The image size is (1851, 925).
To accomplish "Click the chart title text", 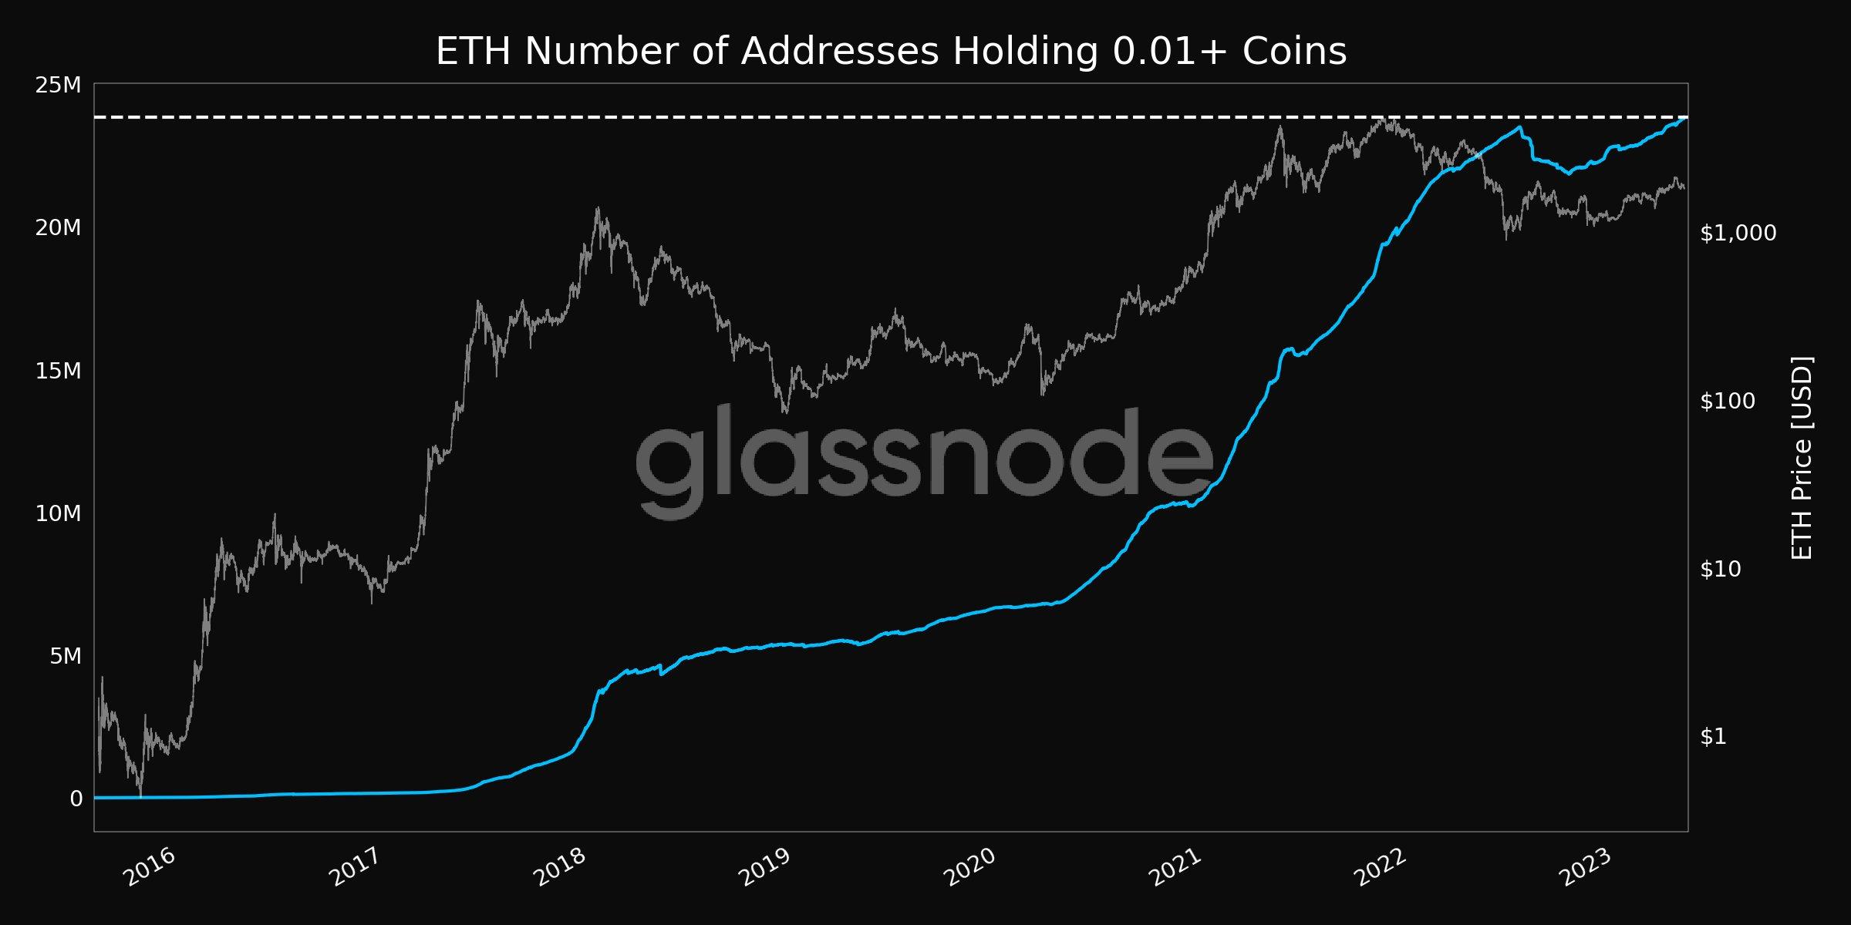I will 891,52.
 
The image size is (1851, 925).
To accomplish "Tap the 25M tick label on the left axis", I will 58,85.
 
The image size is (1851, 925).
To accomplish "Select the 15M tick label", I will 58,371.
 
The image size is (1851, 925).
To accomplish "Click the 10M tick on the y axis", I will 58,513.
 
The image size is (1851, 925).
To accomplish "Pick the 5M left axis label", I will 65,656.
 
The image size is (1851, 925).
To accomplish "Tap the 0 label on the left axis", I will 76,799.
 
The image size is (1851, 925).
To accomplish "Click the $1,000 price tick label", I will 1738,233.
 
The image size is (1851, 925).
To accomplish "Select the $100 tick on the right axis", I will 1727,401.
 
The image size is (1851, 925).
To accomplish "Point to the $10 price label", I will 1720,569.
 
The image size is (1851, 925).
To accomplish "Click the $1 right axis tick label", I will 1713,737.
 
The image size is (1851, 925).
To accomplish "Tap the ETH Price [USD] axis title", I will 1802,459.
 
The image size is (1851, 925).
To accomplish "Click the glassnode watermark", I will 925,461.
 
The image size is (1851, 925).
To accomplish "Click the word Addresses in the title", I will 840,52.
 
